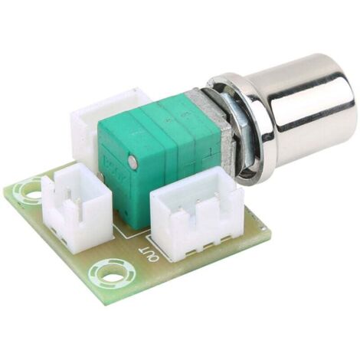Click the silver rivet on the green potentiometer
point(133,161)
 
